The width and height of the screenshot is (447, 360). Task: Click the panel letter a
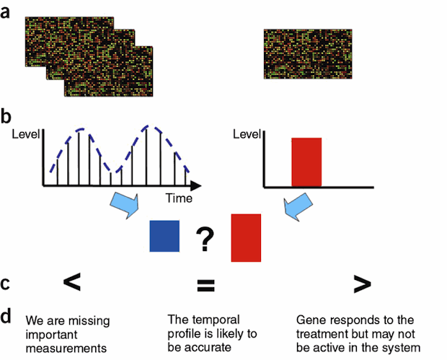(x=6, y=13)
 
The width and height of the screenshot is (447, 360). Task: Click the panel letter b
(x=6, y=115)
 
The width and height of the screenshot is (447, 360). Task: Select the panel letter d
(x=6, y=315)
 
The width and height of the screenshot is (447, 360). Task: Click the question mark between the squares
(x=206, y=239)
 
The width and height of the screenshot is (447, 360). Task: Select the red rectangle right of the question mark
(x=246, y=237)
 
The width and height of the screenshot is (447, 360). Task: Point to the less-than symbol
(x=71, y=283)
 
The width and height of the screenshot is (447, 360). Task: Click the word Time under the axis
(x=179, y=197)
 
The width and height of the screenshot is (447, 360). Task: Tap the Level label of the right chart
(x=247, y=133)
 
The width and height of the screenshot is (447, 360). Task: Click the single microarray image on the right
(x=308, y=53)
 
